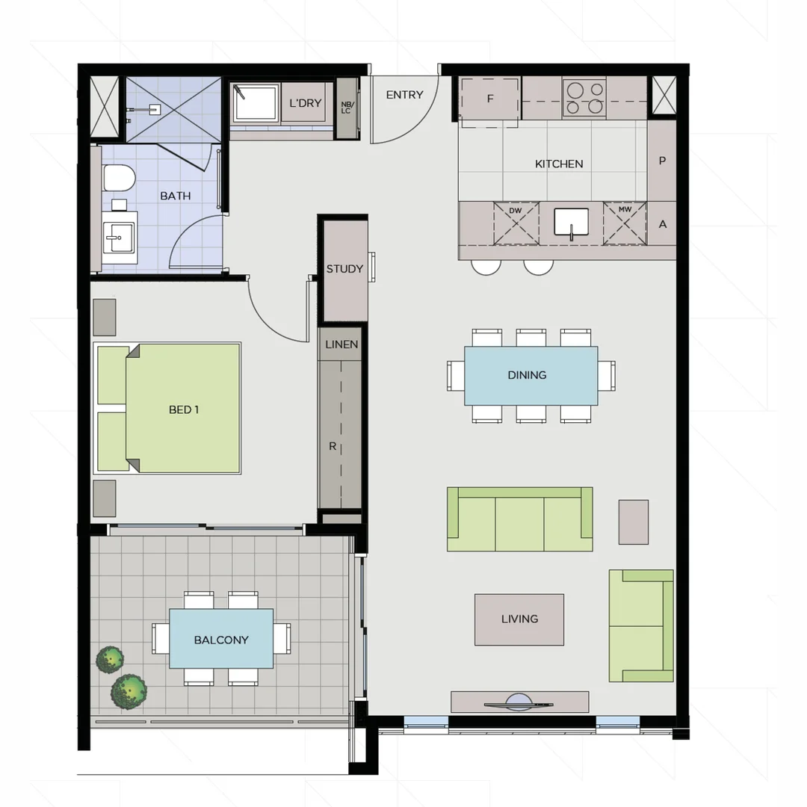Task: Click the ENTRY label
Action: tap(404, 95)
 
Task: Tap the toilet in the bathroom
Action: tap(119, 179)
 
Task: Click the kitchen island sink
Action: tap(571, 223)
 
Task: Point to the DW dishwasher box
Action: tap(516, 223)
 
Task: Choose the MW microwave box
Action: tap(624, 223)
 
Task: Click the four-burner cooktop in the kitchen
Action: tap(584, 98)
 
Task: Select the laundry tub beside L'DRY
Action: tap(256, 103)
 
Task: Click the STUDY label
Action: tap(344, 269)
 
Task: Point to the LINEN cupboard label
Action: tap(341, 344)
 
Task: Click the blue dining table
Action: tap(531, 375)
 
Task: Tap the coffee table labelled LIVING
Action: tap(519, 619)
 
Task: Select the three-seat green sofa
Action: tap(519, 520)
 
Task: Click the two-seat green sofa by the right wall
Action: tap(641, 626)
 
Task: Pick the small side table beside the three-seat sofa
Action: tap(633, 522)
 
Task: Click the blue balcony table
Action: tap(221, 639)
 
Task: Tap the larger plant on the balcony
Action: tap(129, 691)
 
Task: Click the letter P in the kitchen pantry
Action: tap(662, 161)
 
